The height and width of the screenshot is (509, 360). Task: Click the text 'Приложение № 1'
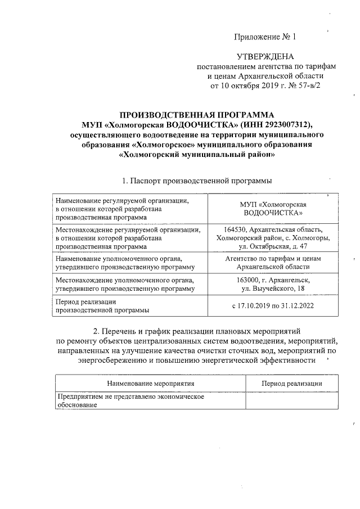pos(264,37)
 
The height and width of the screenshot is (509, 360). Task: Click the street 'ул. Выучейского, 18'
pos(273,289)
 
